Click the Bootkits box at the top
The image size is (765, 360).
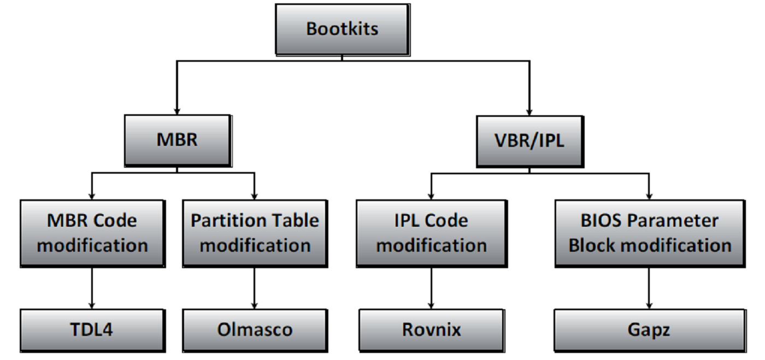coord(342,29)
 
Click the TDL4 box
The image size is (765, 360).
coord(92,330)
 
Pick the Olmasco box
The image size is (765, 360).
coord(254,330)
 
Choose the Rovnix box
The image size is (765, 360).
coord(432,330)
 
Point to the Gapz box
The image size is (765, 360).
coord(649,330)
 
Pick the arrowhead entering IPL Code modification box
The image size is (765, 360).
coord(432,195)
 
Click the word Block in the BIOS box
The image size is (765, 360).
coord(590,245)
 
